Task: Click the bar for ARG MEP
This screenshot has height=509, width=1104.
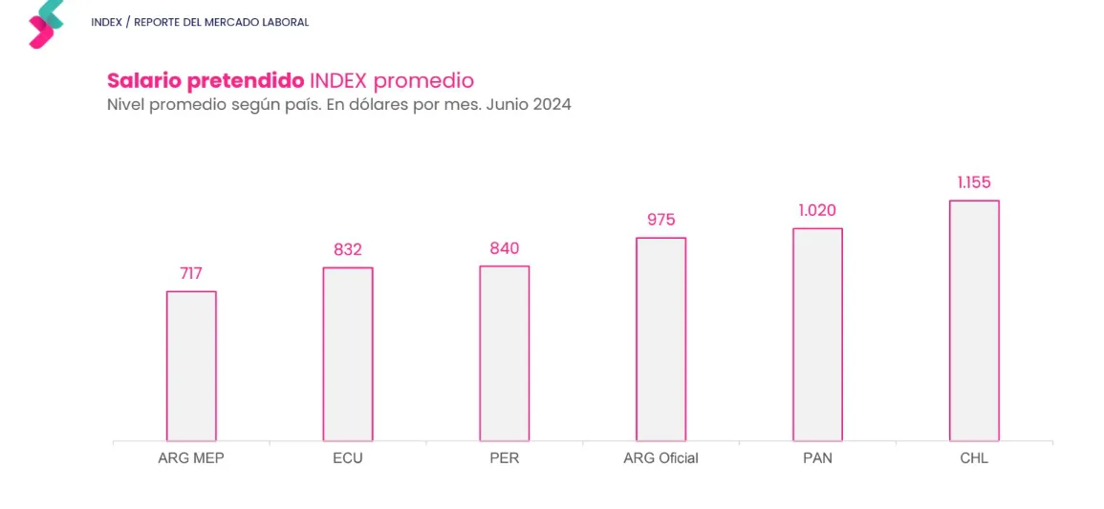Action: coord(191,366)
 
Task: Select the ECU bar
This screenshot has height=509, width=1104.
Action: coord(348,354)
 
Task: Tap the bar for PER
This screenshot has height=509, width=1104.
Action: coord(504,353)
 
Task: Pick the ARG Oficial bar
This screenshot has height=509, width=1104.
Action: coord(660,339)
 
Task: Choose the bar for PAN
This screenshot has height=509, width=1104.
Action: coord(817,334)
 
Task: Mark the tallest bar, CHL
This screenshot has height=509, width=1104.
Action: coord(974,321)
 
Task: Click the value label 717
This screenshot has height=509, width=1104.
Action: coord(191,274)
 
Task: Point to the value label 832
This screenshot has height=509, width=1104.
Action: coord(348,249)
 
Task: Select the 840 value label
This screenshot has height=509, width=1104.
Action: coord(504,248)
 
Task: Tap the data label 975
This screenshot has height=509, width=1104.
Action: coord(660,220)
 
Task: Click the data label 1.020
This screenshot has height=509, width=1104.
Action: coord(817,210)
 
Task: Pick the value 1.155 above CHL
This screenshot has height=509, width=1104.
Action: coord(974,182)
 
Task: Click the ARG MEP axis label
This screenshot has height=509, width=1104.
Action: coord(191,458)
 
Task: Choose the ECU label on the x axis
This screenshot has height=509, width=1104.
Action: coord(348,458)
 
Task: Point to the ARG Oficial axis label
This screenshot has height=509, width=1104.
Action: coord(660,458)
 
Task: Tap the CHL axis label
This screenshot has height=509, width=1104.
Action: coord(974,458)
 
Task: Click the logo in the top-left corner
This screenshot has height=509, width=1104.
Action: coord(45,24)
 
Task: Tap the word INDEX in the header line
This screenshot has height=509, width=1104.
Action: coord(106,22)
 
